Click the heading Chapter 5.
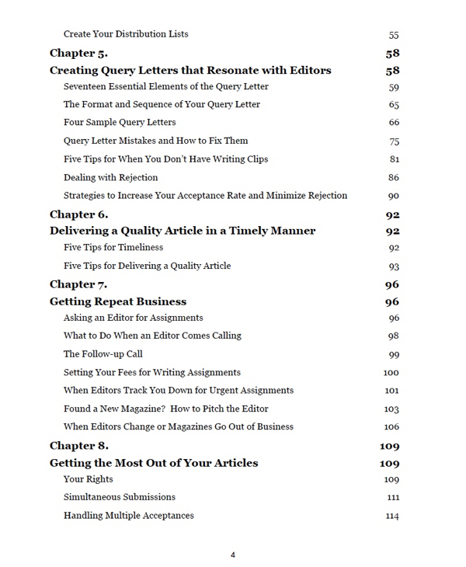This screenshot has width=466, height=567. point(78,53)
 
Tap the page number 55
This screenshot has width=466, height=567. point(393,35)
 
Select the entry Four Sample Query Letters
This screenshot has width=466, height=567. point(120,122)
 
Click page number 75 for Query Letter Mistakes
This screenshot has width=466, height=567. point(394,141)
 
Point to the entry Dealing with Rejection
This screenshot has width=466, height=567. point(110,177)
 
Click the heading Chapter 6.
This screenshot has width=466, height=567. point(78,214)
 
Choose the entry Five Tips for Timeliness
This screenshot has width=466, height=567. point(113,248)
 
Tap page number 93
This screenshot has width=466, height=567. point(393,266)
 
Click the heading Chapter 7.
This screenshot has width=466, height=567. point(78,284)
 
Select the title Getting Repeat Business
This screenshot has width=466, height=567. point(118,301)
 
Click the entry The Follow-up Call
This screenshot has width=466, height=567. point(103,354)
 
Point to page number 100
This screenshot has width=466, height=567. point(391,373)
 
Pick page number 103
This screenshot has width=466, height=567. point(391,409)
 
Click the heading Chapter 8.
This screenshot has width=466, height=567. point(78,445)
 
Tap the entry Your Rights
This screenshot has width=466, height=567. point(88,479)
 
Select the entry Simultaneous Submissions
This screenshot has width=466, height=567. point(120,497)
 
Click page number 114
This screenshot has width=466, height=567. point(392,516)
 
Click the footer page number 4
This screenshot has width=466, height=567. point(233,555)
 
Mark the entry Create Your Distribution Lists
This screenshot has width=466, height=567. point(126,34)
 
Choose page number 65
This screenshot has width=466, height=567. point(394,105)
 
